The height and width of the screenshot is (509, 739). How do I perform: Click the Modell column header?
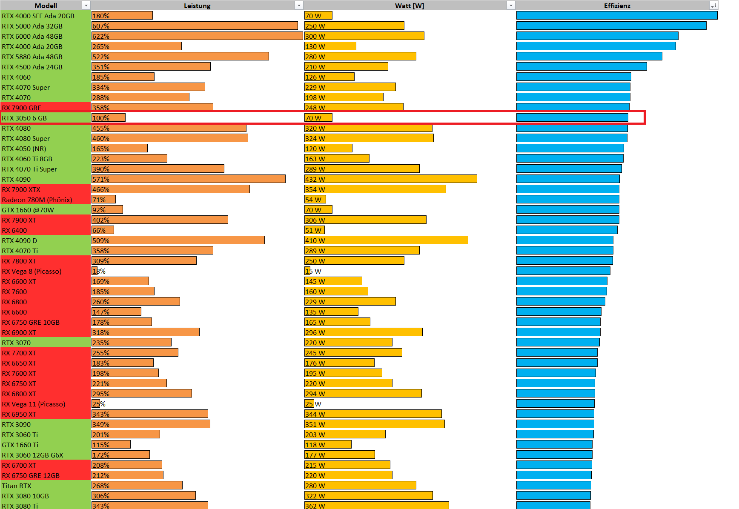(46, 6)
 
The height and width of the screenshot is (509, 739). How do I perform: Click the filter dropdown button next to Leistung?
(299, 6)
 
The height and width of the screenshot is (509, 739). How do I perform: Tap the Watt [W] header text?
(409, 6)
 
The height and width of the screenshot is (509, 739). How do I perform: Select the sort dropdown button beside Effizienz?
(713, 6)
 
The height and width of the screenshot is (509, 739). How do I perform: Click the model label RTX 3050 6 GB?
(24, 118)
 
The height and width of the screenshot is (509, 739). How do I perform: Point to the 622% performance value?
(101, 36)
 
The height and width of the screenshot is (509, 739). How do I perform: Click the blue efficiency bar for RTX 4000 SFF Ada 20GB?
(616, 16)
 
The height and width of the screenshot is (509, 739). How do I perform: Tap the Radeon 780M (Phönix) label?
(37, 200)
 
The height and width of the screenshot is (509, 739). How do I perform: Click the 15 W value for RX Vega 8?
(313, 271)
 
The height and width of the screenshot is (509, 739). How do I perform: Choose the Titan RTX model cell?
(17, 486)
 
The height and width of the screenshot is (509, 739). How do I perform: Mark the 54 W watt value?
(313, 200)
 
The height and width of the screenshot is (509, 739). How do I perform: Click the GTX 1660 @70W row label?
(28, 210)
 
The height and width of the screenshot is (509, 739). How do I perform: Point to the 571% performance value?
(101, 179)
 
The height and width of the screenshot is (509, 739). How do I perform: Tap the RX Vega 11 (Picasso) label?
(34, 404)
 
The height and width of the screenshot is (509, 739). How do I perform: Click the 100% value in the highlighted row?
(101, 118)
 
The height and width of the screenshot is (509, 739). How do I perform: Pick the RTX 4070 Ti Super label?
(29, 169)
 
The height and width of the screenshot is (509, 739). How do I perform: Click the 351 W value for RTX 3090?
(315, 424)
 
